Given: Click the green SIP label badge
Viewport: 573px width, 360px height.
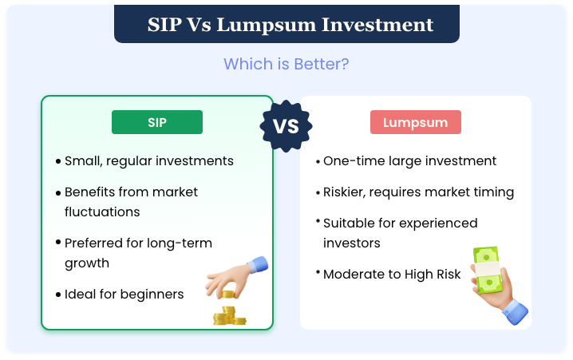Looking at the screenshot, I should pos(157,122).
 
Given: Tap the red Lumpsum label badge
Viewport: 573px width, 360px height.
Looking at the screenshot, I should pos(415,122).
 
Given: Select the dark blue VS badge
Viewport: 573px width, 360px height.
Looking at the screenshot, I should pos(286,127).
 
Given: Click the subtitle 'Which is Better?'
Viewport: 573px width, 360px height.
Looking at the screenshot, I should pos(286,64).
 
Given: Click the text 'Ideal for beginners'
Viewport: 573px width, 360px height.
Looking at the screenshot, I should pos(124,295).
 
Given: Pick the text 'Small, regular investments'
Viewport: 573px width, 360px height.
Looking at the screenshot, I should pos(149,161).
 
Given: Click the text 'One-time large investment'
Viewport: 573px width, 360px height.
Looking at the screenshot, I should pos(409,161).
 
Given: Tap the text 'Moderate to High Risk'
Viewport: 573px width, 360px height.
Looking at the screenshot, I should pos(392,274).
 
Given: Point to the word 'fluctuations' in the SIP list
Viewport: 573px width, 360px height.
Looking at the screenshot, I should pos(102,212).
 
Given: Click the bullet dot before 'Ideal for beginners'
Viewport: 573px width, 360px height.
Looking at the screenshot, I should pos(58,295).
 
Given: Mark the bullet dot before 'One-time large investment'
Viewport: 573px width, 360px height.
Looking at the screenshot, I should pos(317,161).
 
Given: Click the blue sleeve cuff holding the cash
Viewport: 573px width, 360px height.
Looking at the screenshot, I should pos(514,309).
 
